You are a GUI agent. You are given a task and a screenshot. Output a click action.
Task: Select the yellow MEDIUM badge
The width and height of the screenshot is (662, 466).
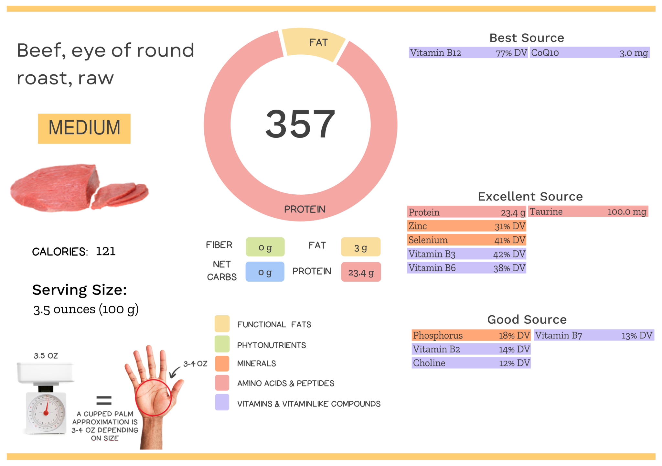(84, 128)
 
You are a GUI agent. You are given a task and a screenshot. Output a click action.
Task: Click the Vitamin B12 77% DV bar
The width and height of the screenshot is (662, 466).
(468, 53)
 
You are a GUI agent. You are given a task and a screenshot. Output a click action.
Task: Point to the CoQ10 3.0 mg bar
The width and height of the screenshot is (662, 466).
(589, 53)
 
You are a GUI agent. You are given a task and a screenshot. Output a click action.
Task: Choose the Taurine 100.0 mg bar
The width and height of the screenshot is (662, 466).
(588, 212)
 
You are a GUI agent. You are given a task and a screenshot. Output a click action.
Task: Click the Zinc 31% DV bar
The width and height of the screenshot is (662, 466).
(466, 226)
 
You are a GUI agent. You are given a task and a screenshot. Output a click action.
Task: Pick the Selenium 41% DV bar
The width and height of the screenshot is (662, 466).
(466, 240)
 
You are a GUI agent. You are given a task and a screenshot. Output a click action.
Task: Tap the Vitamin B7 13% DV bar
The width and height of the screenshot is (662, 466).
(593, 335)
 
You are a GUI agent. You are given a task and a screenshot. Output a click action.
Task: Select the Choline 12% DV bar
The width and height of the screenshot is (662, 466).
(471, 363)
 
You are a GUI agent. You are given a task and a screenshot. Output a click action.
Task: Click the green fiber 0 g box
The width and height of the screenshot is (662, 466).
(265, 247)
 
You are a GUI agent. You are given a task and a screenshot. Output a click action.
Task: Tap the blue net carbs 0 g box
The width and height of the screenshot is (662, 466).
(265, 272)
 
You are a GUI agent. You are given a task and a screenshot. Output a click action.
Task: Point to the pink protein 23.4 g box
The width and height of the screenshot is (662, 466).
(361, 272)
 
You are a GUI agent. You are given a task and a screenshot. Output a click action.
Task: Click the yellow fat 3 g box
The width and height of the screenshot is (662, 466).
(360, 247)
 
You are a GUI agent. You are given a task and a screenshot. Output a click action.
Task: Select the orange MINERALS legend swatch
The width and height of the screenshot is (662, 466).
(222, 363)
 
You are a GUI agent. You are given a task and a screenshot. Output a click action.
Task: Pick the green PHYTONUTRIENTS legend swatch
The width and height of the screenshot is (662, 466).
(222, 344)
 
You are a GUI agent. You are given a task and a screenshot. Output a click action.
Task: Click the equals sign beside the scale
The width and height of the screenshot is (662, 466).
(104, 400)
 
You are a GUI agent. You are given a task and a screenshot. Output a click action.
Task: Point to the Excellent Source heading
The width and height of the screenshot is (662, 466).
(530, 197)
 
